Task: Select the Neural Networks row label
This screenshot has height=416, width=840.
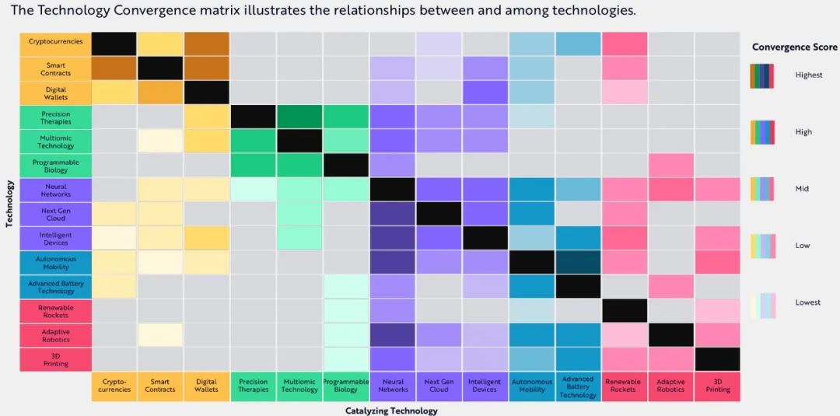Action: click(x=55, y=191)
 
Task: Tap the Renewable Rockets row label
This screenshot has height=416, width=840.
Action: click(x=55, y=311)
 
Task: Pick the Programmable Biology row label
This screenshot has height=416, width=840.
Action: click(x=55, y=166)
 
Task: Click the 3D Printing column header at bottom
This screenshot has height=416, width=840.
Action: click(x=718, y=386)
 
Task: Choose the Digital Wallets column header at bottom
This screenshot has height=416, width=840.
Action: click(x=206, y=386)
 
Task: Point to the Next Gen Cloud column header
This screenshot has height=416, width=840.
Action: click(x=439, y=386)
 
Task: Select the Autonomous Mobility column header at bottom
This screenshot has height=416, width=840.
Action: click(x=531, y=386)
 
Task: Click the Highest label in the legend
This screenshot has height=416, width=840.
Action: click(x=809, y=75)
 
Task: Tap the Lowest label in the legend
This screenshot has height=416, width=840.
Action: click(x=808, y=302)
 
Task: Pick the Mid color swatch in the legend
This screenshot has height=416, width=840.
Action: click(x=763, y=189)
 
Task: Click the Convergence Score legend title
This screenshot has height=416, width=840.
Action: click(x=794, y=47)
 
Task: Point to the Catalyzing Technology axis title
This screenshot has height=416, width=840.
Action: click(x=391, y=411)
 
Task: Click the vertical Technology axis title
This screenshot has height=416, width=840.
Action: click(x=9, y=204)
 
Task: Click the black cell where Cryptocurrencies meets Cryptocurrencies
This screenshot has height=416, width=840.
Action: click(x=114, y=44)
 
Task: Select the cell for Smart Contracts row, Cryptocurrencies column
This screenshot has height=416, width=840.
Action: click(x=114, y=68)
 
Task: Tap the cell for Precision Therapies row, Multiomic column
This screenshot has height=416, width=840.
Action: click(x=299, y=117)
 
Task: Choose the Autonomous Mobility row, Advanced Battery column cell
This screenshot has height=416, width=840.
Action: click(x=578, y=262)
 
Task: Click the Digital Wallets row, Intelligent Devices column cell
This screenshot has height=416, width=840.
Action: click(x=485, y=93)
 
